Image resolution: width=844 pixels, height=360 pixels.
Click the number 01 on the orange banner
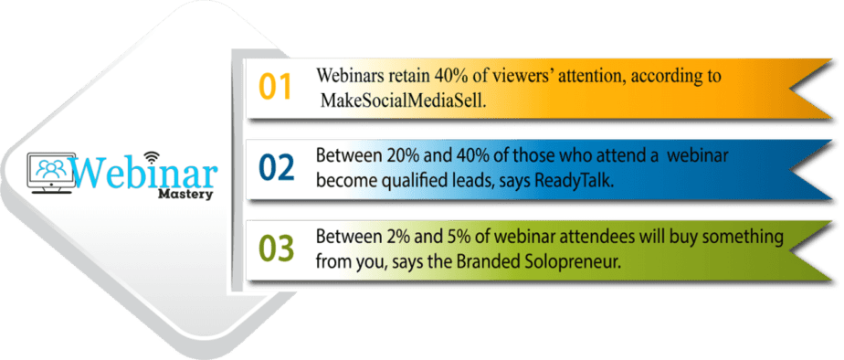click(275, 86)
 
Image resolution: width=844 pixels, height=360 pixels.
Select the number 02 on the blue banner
click(276, 168)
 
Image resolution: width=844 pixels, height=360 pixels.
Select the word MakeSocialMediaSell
click(406, 99)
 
